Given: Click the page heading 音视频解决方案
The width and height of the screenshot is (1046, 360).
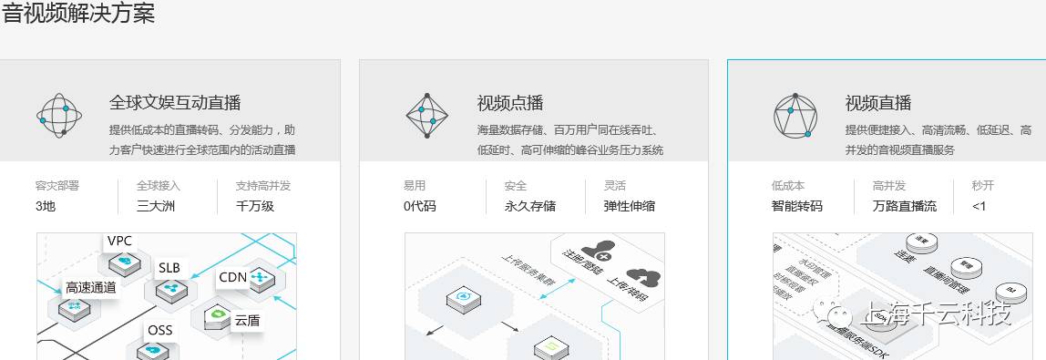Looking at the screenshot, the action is [78, 15].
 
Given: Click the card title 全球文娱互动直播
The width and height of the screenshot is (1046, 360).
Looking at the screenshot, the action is [175, 103].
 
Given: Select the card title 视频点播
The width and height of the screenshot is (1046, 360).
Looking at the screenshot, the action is [510, 103].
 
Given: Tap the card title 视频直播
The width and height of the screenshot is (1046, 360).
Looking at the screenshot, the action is [878, 103].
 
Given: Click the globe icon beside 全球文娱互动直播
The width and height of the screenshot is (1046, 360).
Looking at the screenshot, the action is [60, 114].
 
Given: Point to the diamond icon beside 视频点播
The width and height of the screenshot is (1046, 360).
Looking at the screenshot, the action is [427, 114].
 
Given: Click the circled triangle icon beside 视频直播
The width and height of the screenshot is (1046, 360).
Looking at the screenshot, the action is [795, 114].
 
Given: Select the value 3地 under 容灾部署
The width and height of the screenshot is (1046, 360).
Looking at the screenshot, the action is [46, 206].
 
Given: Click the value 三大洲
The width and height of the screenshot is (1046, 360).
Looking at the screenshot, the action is [155, 206].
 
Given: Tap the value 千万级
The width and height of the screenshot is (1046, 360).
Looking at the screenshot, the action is [255, 206].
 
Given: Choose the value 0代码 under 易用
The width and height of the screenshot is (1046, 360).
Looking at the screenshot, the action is [420, 206].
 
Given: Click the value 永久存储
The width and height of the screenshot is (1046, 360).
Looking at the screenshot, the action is [530, 206].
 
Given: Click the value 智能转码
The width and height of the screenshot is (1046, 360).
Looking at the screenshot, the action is [797, 206].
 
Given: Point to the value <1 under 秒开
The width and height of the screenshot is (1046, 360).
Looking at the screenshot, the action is [979, 206].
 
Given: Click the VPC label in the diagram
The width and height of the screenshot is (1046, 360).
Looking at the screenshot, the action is [120, 241].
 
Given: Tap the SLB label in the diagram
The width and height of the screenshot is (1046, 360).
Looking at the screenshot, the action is [169, 268].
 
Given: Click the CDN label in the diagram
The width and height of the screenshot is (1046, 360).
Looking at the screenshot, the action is [233, 277].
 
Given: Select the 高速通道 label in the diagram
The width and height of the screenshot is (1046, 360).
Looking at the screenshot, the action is [91, 287].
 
